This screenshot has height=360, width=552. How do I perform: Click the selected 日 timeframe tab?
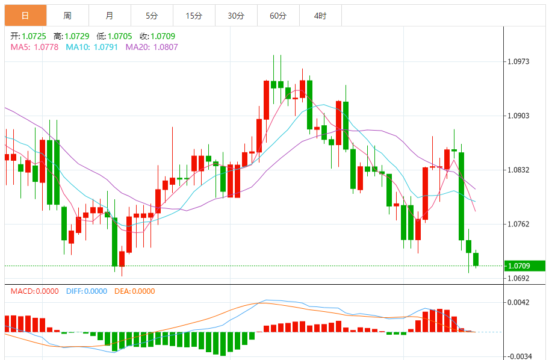(25, 16)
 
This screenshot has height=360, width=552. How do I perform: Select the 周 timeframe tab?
(67, 16)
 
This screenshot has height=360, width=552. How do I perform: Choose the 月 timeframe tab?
(110, 16)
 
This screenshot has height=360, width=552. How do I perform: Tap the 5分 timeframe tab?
(152, 16)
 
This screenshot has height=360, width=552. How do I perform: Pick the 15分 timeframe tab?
(194, 16)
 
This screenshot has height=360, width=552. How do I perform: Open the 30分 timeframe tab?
(236, 16)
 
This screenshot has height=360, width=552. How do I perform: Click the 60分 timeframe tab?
(278, 16)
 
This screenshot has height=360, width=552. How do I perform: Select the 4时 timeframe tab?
(320, 16)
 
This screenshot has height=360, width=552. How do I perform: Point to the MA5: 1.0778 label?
(34, 47)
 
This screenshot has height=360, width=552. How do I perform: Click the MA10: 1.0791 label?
(91, 47)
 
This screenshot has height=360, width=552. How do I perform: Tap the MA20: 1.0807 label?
(152, 47)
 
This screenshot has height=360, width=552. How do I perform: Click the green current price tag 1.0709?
(525, 265)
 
